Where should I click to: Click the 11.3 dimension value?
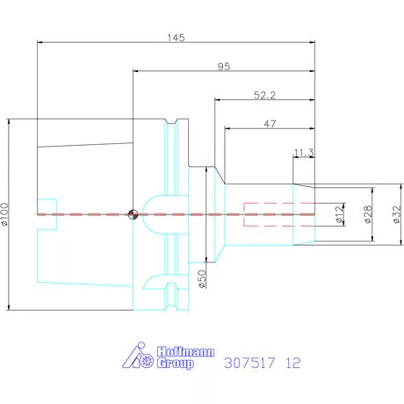(304, 153)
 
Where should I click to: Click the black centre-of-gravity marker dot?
(132, 213)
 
